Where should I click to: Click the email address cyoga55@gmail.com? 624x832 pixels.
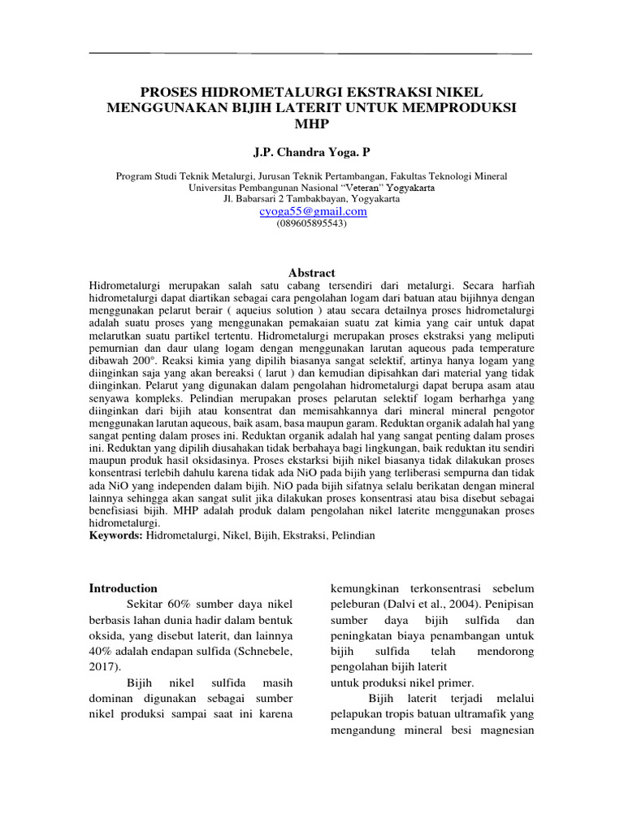(x=313, y=211)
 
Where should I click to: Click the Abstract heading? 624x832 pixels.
(x=312, y=273)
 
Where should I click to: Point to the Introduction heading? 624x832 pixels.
(x=123, y=588)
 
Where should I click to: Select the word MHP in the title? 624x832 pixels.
(x=312, y=123)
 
